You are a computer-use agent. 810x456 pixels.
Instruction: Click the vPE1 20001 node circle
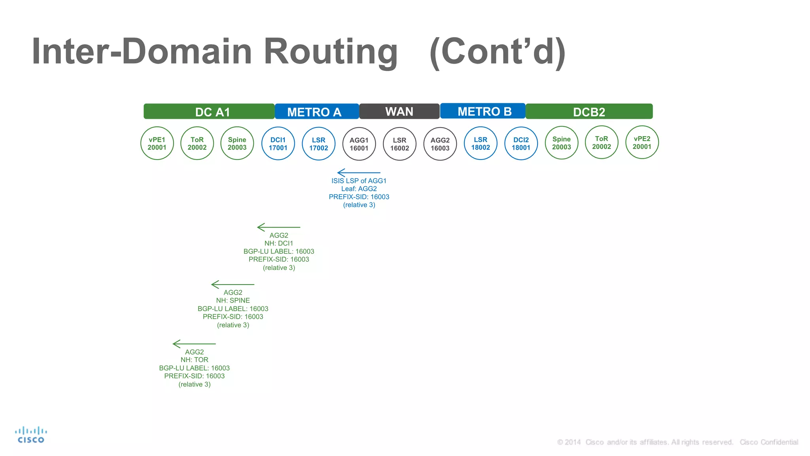pyautogui.click(x=157, y=143)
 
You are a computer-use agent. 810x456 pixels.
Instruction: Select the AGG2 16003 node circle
pyautogui.click(x=440, y=144)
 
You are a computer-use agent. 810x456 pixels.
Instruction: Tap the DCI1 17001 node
pyautogui.click(x=278, y=144)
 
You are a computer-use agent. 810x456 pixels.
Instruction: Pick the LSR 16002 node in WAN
pyautogui.click(x=399, y=144)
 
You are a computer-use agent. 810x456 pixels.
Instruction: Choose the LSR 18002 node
pyautogui.click(x=481, y=143)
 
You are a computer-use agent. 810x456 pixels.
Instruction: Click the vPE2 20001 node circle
pyautogui.click(x=642, y=142)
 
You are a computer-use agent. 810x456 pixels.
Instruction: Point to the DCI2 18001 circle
pyautogui.click(x=521, y=144)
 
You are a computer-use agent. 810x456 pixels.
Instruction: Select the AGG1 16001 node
pyautogui.click(x=359, y=144)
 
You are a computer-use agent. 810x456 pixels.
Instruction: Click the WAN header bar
pyautogui.click(x=399, y=112)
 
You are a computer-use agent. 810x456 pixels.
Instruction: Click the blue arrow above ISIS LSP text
pyautogui.click(x=358, y=173)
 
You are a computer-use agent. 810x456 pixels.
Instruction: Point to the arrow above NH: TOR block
pyautogui.click(x=194, y=344)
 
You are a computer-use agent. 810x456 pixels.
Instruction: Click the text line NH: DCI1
pyautogui.click(x=279, y=243)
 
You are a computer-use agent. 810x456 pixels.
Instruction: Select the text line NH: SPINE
pyautogui.click(x=233, y=300)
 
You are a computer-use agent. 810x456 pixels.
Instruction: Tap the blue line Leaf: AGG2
pyautogui.click(x=359, y=189)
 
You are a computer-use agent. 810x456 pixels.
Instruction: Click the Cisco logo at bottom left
pyautogui.click(x=31, y=435)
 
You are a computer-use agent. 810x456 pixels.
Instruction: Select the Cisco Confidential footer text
pyautogui.click(x=769, y=442)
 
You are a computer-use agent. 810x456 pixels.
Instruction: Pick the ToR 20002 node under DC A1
pyautogui.click(x=197, y=143)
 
